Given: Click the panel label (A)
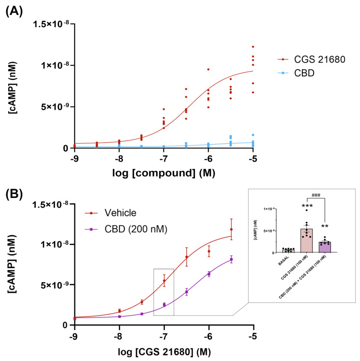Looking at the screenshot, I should [15, 10].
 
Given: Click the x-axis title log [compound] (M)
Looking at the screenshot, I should [163, 173].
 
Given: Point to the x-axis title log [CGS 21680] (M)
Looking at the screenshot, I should [163, 350].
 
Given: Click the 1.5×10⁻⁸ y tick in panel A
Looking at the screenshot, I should [52, 24].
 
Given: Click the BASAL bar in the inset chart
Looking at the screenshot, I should [289, 251].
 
